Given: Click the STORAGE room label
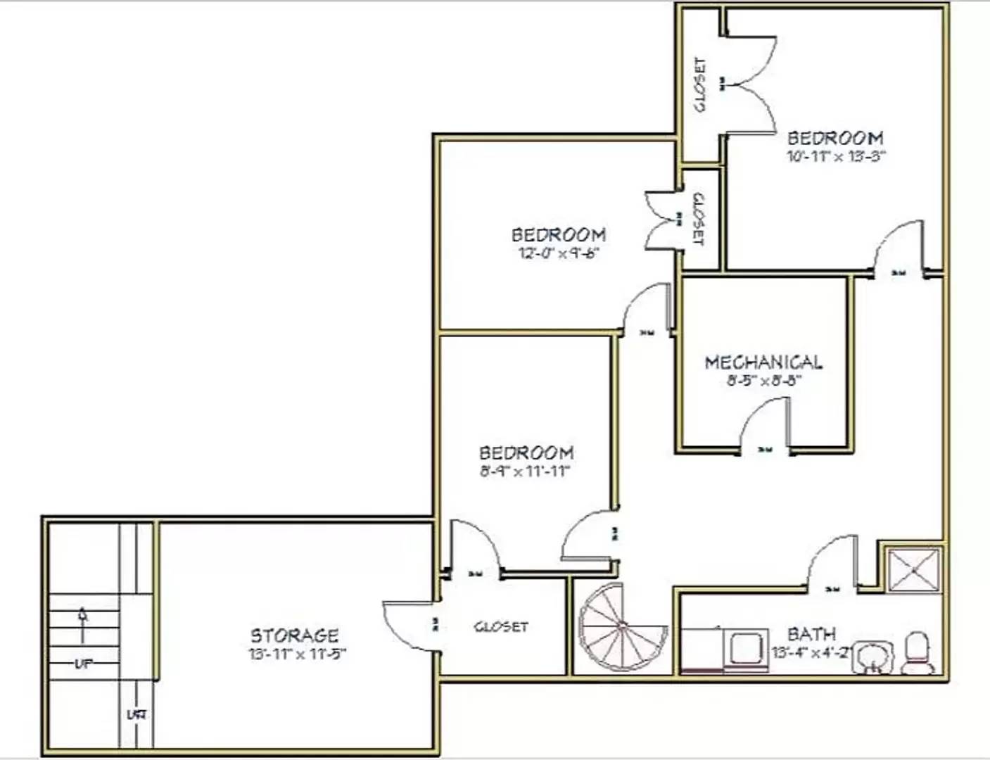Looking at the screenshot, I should click(294, 635).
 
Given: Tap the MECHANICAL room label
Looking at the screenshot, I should click(763, 362).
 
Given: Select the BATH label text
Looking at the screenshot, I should click(811, 634).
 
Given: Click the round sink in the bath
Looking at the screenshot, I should click(873, 656).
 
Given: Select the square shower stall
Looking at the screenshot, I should click(913, 569).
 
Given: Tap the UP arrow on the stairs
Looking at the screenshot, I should click(83, 625).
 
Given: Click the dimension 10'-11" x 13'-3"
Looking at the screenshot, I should click(835, 156).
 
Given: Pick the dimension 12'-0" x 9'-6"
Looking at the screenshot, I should click(558, 253).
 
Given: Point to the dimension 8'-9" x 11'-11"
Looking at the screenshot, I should click(525, 471).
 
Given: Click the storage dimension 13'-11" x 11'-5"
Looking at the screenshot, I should click(296, 654).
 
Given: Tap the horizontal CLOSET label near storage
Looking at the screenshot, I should click(501, 626).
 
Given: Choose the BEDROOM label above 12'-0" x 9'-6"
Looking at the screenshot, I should click(558, 234).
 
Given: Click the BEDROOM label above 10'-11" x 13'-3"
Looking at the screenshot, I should click(835, 138).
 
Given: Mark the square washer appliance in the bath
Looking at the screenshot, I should click(745, 647).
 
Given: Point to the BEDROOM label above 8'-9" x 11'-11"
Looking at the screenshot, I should click(526, 452).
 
